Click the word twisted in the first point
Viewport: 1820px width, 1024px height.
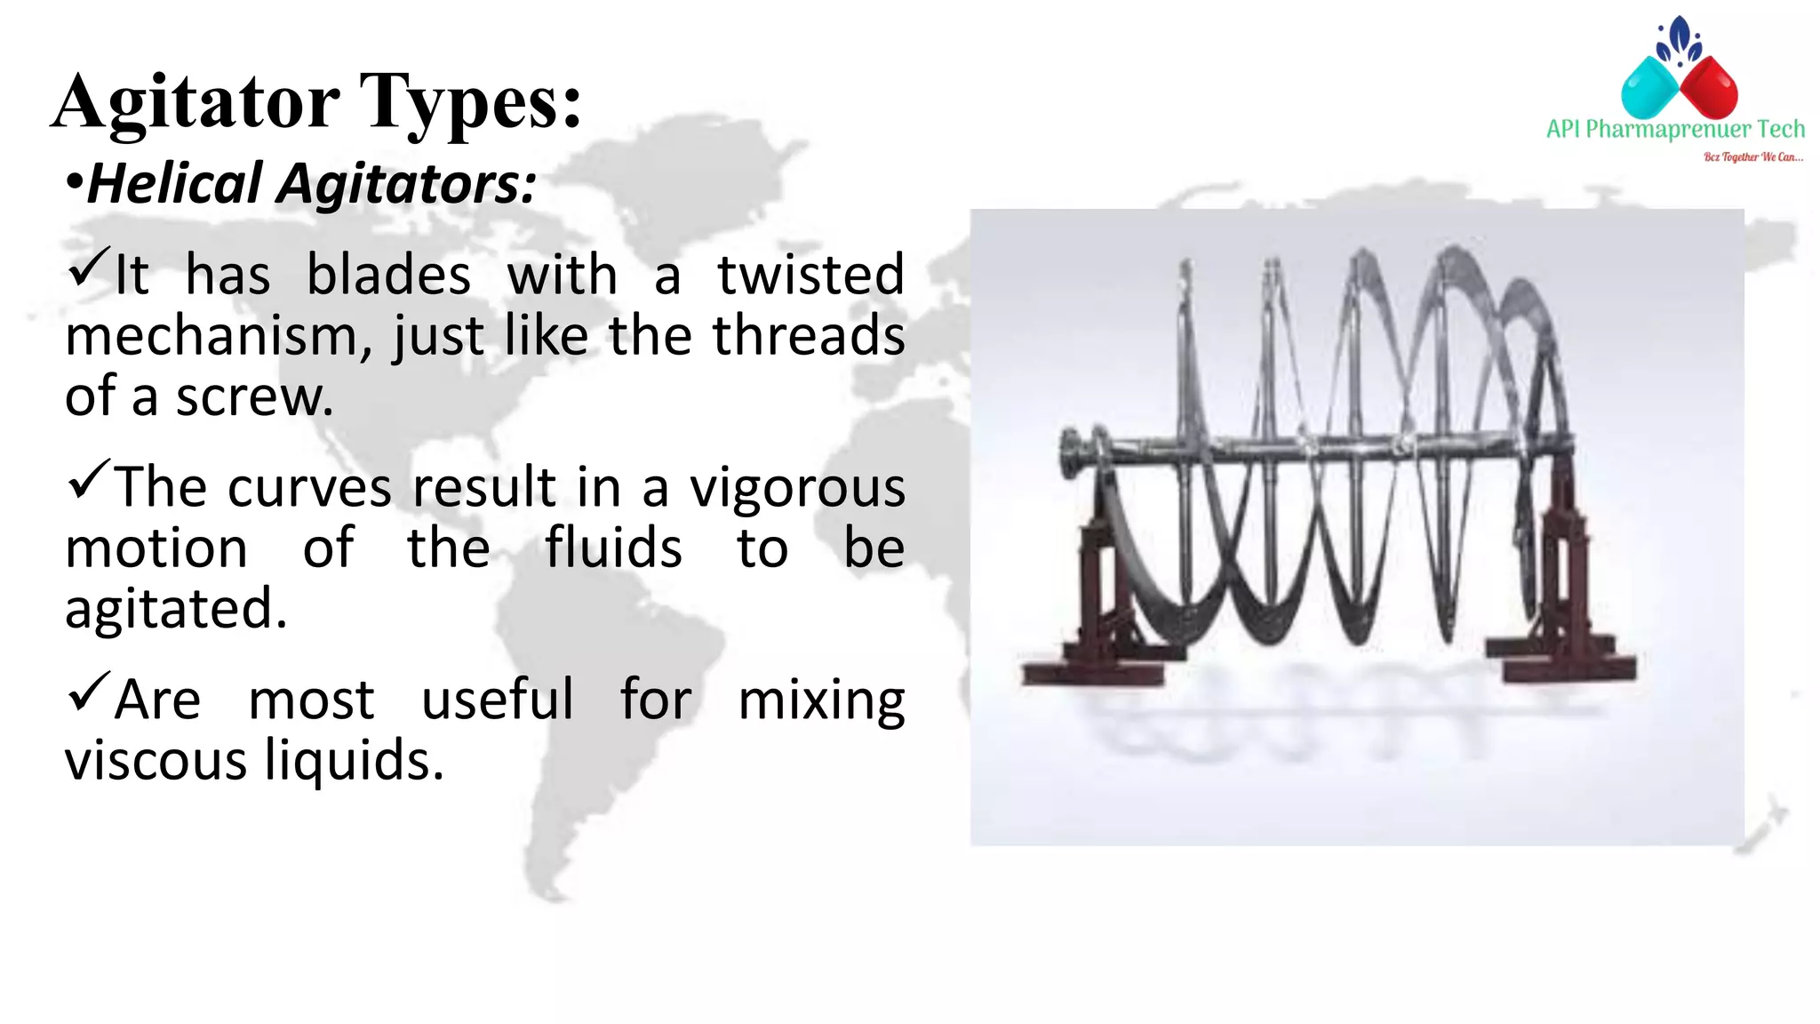[x=810, y=275]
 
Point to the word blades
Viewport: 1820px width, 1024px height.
[x=388, y=275]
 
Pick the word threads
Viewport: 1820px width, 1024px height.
[x=809, y=335]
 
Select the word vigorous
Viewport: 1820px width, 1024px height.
[x=797, y=488]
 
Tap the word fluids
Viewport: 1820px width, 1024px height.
[x=613, y=548]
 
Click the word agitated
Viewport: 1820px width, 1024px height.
[x=176, y=609]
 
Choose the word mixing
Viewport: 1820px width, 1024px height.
[x=821, y=700]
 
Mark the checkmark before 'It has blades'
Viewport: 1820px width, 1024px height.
[x=88, y=268]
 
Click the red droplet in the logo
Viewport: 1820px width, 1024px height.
[x=1709, y=87]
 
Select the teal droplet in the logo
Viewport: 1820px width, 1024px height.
[x=1649, y=87]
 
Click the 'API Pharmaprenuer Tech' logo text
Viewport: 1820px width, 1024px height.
[x=1675, y=130]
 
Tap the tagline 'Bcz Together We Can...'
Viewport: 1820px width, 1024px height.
[x=1752, y=157]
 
